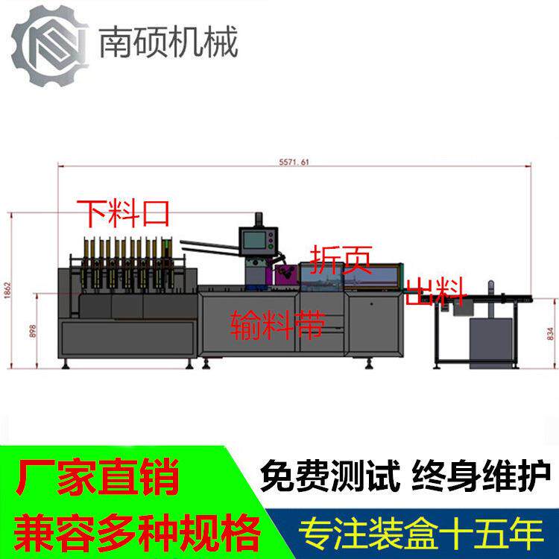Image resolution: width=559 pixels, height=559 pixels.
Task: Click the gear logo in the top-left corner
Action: tap(46, 44)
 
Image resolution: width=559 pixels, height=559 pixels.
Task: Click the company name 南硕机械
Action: tap(168, 42)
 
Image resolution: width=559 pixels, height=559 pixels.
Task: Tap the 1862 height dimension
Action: tap(7, 289)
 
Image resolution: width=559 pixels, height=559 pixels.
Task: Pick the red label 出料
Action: tap(435, 291)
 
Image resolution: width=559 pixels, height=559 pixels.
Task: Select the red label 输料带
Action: tap(277, 324)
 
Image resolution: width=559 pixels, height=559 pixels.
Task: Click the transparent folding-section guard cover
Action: tap(350, 276)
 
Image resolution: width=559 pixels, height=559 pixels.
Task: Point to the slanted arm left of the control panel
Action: tap(209, 247)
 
